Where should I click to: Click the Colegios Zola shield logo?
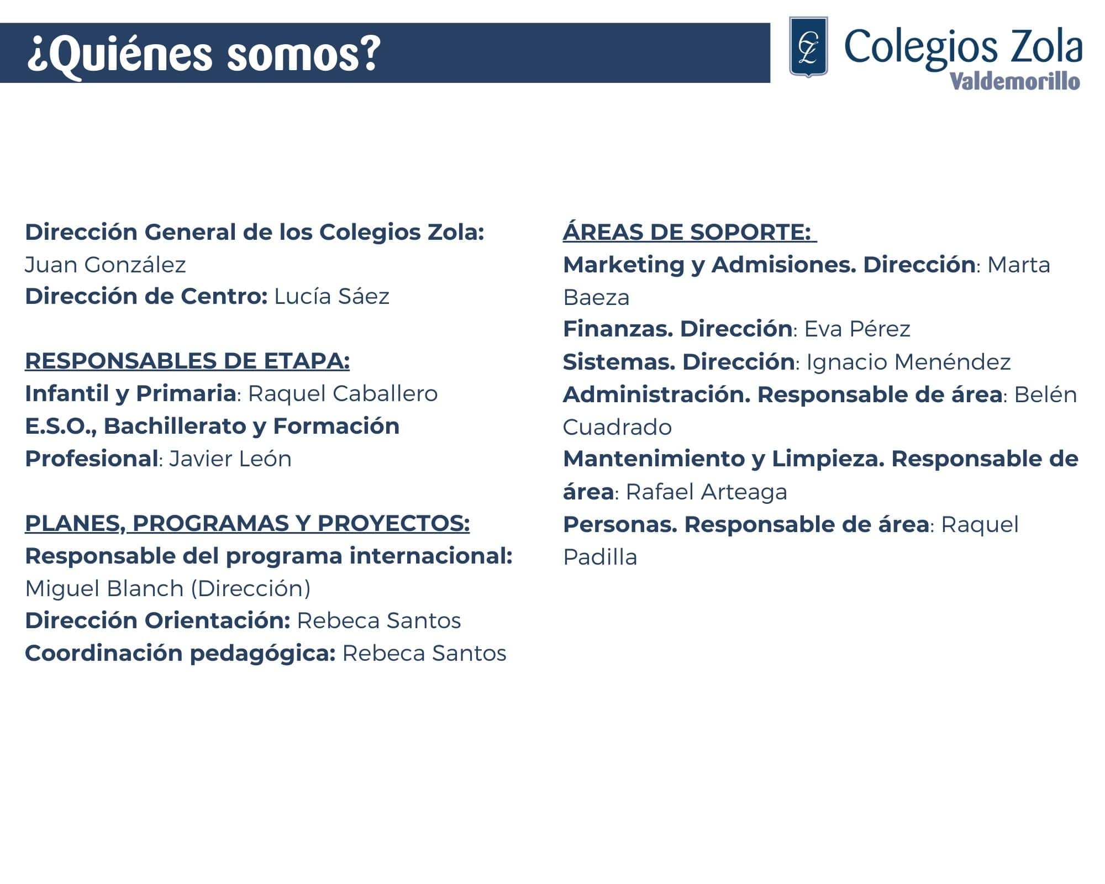click(x=808, y=47)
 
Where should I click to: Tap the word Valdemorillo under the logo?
click(x=1015, y=81)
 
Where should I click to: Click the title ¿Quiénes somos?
click(x=204, y=54)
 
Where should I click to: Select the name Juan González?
click(x=106, y=265)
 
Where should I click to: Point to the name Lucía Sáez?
click(x=331, y=296)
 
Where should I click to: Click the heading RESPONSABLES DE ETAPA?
click(x=187, y=361)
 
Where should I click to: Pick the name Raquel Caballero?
click(x=343, y=393)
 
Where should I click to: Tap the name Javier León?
click(x=230, y=459)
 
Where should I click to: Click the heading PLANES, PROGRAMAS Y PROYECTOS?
click(x=248, y=523)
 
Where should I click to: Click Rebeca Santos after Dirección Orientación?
click(x=379, y=620)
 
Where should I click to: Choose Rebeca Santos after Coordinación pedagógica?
click(x=424, y=653)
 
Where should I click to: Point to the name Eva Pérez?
click(x=857, y=329)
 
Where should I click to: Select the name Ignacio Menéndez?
click(x=908, y=362)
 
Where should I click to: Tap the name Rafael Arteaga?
click(x=706, y=492)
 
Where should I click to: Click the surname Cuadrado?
click(x=617, y=427)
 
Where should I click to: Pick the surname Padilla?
click(x=600, y=557)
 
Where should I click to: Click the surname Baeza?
click(x=596, y=297)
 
